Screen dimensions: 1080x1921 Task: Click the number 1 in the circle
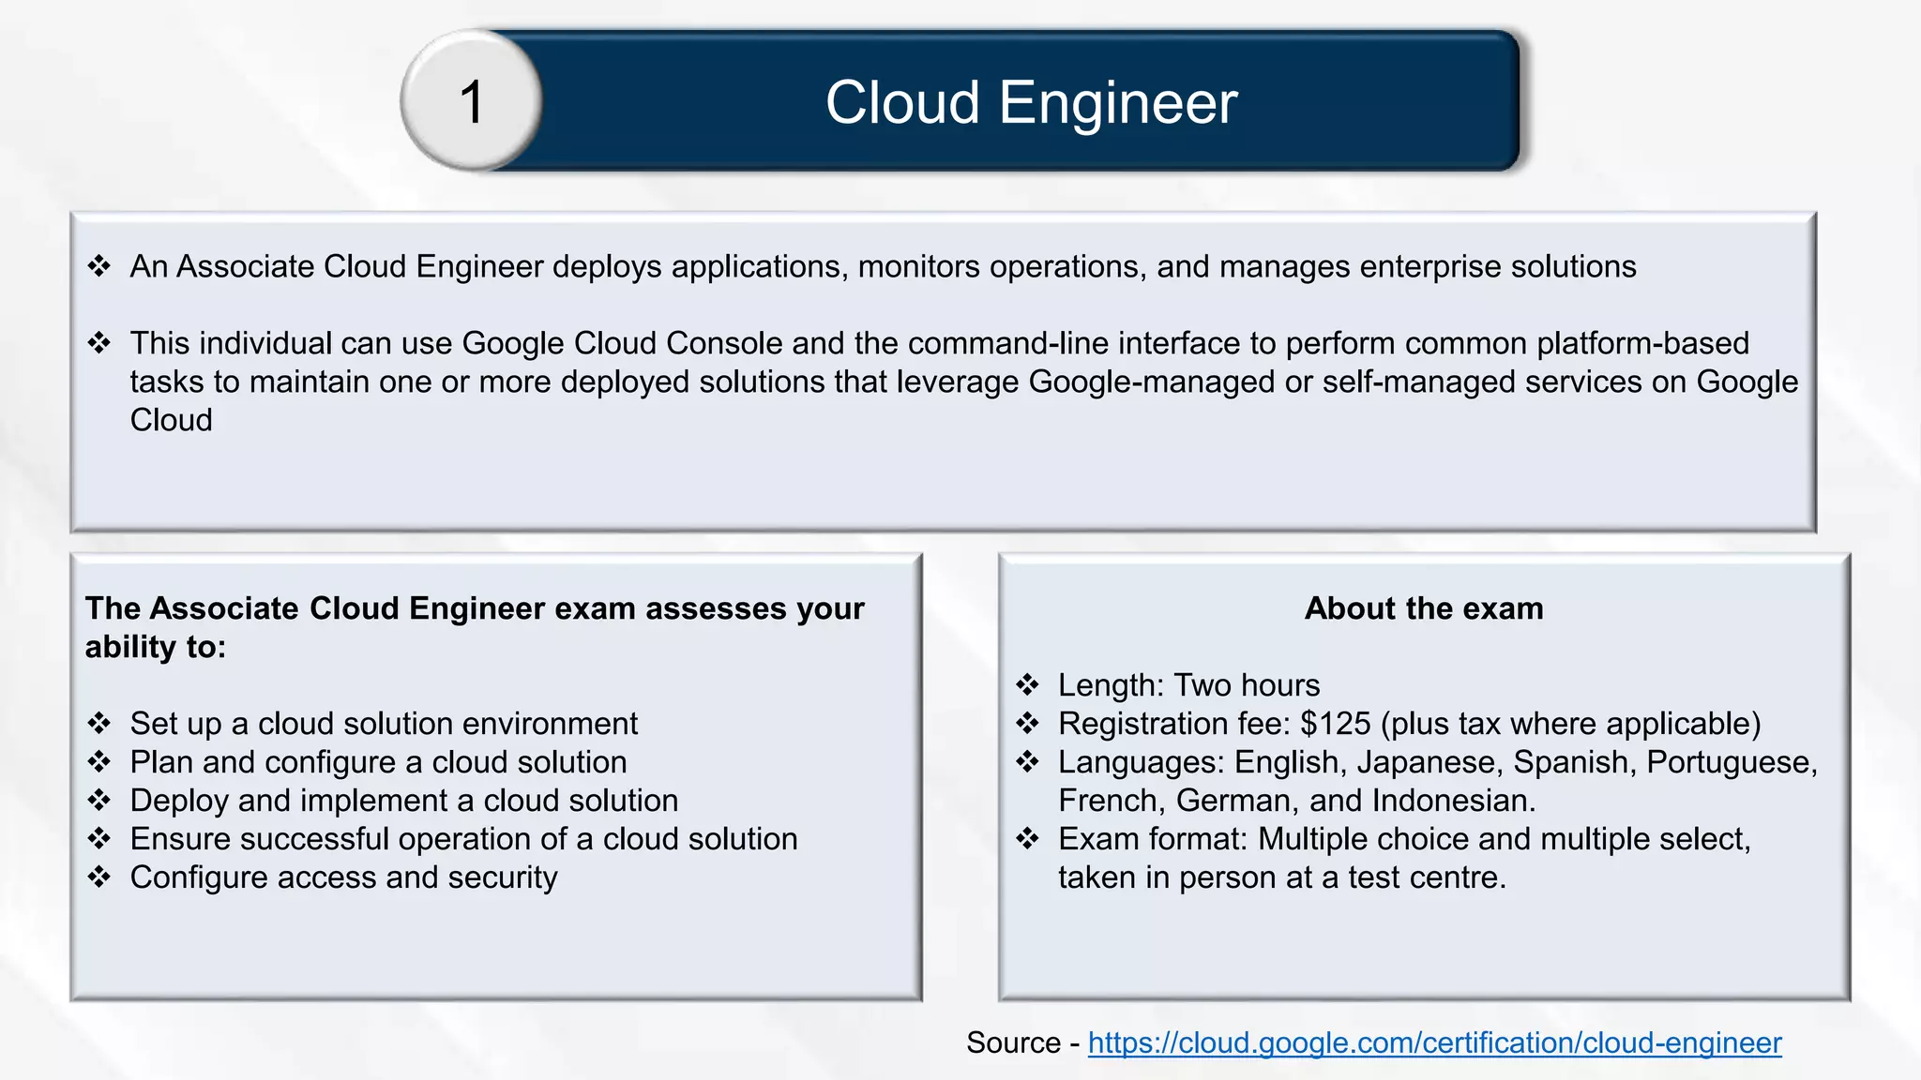click(x=472, y=101)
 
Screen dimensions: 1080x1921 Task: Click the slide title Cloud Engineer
click(x=1031, y=101)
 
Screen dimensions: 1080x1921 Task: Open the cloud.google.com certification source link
click(x=1434, y=1042)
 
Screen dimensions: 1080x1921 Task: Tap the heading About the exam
click(x=1423, y=608)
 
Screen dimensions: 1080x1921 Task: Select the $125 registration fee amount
click(x=1335, y=724)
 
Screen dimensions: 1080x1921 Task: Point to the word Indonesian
click(x=1452, y=801)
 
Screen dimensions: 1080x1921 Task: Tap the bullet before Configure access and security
click(x=99, y=877)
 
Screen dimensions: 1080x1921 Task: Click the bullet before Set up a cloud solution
click(x=99, y=724)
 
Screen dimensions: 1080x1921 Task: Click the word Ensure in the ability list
click(x=180, y=839)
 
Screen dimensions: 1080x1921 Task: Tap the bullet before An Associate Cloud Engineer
click(x=99, y=266)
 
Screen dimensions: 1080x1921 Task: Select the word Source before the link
click(x=1013, y=1042)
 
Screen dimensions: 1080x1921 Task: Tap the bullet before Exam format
click(x=1028, y=839)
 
